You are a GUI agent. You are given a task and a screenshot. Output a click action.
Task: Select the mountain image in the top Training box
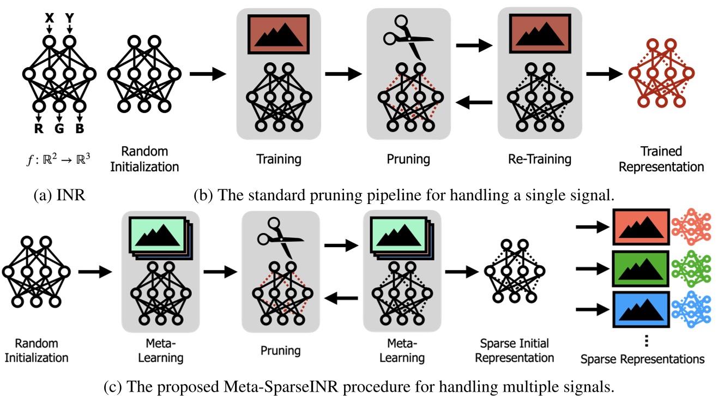pos(279,34)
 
